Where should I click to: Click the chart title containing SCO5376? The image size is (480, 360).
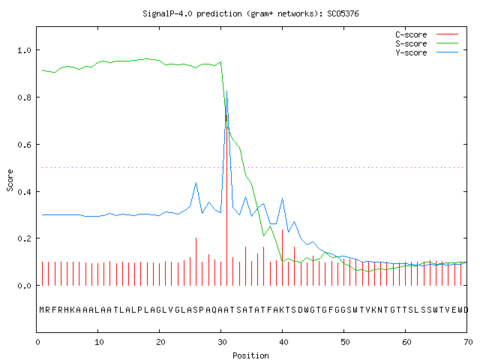tap(250, 13)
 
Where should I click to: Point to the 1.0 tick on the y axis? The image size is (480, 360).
tap(24, 50)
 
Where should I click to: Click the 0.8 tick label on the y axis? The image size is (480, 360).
tap(24, 97)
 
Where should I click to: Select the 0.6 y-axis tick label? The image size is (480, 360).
tap(24, 145)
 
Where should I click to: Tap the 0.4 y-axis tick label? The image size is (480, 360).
tap(24, 192)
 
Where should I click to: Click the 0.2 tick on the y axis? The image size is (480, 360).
tap(24, 238)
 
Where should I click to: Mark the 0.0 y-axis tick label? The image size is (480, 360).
tap(24, 286)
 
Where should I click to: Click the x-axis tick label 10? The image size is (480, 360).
tap(99, 342)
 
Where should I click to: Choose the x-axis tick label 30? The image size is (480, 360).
tap(222, 342)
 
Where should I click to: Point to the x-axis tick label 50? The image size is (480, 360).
tap(345, 342)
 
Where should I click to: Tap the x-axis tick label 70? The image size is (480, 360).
tap(468, 342)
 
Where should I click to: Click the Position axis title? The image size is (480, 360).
tap(250, 355)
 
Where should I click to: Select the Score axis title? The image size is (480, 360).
tap(10, 180)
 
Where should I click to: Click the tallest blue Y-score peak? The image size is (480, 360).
tap(226, 91)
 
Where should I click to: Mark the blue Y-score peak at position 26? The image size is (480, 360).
tap(196, 183)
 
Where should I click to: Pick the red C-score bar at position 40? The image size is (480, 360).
tap(282, 257)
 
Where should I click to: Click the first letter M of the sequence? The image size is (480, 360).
tap(42, 310)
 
